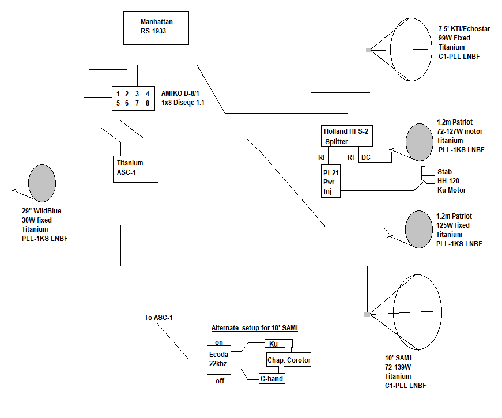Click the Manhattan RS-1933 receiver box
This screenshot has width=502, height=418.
pos(156,28)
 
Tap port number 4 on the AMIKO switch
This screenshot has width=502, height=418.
pos(148,94)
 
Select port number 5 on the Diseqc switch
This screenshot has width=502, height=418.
pos(118,103)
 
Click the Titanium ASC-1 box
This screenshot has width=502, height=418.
pos(136,169)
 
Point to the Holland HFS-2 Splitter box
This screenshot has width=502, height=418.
pos(347,136)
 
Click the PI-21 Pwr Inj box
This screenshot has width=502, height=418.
pos(331,181)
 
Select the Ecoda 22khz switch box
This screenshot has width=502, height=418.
pos(219,360)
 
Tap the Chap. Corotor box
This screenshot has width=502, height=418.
pos(289,360)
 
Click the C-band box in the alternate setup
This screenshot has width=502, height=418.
pos(272,379)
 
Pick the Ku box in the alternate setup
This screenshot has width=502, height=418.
pos(278,344)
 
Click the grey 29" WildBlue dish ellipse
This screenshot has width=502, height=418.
pos(42,183)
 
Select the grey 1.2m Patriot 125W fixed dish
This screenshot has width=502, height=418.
pos(419,229)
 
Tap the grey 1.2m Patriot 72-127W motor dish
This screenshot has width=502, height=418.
pos(420,142)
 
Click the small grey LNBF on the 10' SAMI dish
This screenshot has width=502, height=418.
pos(367,315)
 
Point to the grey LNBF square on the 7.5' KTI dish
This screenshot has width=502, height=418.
pos(369,50)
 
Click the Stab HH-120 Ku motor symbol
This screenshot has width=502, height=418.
pos(428,175)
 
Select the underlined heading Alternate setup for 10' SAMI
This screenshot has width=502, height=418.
pos(255,328)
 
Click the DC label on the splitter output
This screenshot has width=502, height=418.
pos(366,157)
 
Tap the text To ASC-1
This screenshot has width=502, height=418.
pos(158,318)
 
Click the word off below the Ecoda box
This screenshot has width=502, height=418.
pos(220,381)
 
